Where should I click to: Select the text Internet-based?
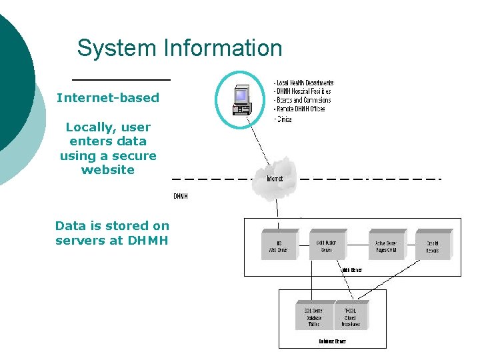108,98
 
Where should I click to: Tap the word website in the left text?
108,170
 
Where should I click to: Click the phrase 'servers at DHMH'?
112,241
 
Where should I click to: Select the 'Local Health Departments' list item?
304,83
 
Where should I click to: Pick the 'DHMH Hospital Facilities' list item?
303,91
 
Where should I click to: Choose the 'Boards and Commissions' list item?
303,100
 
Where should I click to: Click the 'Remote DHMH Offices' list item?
300,109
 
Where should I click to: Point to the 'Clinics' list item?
283,119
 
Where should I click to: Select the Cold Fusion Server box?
325,245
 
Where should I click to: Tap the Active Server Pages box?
385,245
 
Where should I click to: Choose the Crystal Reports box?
433,245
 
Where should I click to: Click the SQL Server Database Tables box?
313,316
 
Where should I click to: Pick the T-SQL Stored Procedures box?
351,316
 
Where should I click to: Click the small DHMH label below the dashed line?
180,197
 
